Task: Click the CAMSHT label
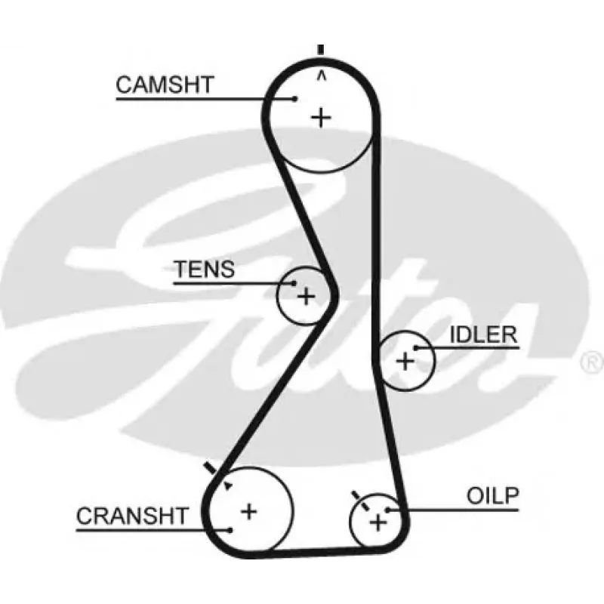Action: [x=165, y=85]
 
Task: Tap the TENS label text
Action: [x=204, y=269]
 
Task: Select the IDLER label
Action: [x=483, y=334]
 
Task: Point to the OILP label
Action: [x=493, y=496]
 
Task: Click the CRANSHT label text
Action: [x=132, y=516]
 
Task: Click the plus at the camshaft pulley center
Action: [x=321, y=118]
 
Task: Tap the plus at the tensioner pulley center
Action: [x=307, y=296]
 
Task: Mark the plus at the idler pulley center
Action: [x=405, y=362]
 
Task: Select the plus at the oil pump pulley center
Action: [x=378, y=522]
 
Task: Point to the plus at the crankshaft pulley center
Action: [x=249, y=512]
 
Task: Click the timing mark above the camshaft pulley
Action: [x=320, y=50]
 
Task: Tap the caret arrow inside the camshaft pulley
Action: [x=322, y=76]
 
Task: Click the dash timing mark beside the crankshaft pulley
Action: [x=211, y=468]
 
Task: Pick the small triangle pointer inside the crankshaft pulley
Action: [x=229, y=485]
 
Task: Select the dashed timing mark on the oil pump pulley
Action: [x=361, y=501]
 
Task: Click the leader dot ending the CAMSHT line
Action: [x=294, y=99]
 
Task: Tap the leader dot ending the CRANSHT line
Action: [x=230, y=531]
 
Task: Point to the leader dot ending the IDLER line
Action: [x=416, y=348]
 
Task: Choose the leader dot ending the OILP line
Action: [x=388, y=510]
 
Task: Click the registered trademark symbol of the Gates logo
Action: [x=592, y=362]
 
